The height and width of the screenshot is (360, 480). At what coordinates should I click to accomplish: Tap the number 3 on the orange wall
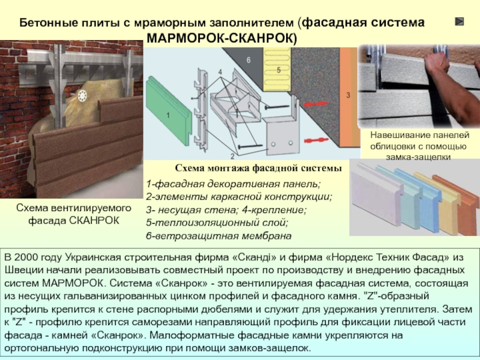(348, 95)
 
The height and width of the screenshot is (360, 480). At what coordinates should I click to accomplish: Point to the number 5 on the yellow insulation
(278, 71)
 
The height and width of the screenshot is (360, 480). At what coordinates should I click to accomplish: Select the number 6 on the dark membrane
(248, 61)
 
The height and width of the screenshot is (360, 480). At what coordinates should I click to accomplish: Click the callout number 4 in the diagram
(220, 72)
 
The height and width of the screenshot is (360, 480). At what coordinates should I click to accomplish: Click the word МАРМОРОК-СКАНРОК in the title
(221, 38)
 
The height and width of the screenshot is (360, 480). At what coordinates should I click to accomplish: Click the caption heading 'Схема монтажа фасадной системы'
(258, 168)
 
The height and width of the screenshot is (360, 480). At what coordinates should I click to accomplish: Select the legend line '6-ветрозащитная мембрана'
(218, 235)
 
